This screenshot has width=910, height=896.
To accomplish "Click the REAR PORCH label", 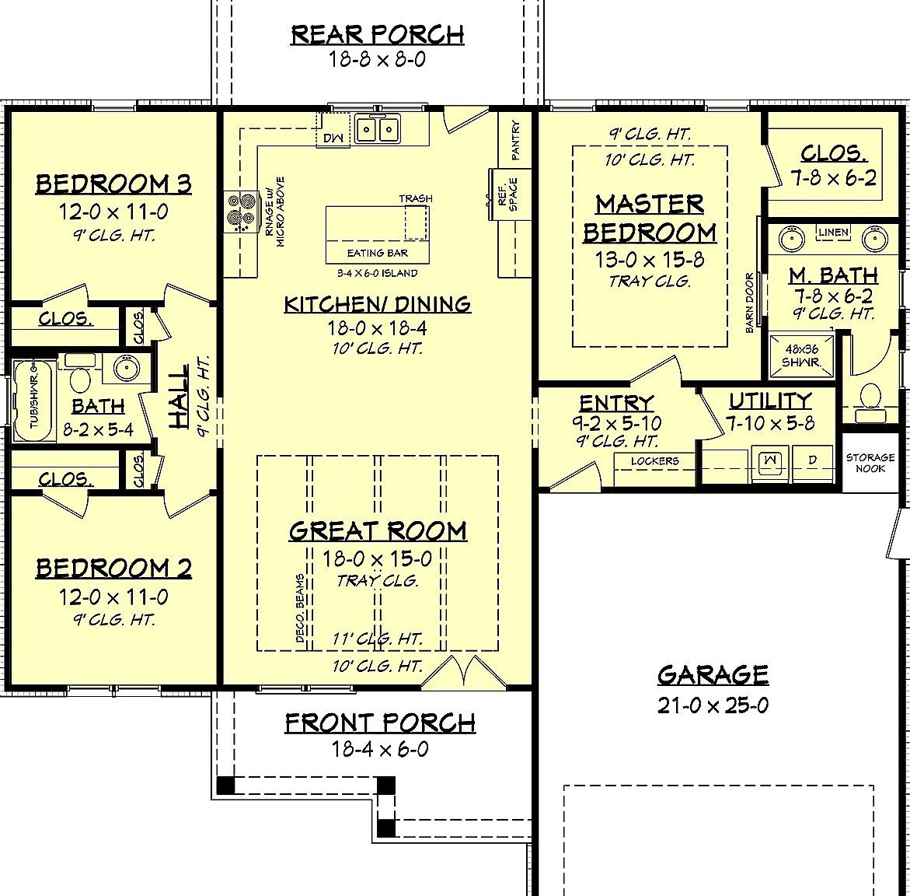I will (378, 35).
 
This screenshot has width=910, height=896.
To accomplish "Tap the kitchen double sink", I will (378, 128).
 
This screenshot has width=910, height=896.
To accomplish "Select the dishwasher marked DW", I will (333, 138).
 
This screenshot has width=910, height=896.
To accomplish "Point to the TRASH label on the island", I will (416, 199).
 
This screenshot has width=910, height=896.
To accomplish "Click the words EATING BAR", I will (377, 253).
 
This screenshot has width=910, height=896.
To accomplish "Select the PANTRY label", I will (516, 140).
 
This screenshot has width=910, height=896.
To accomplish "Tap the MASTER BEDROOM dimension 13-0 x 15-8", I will (650, 260).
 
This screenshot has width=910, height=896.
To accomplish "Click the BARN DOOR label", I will (750, 303).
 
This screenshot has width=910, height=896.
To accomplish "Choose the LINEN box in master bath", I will (834, 233).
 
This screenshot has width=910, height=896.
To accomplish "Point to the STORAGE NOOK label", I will (870, 463).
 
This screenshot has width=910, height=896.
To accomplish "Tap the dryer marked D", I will (812, 460).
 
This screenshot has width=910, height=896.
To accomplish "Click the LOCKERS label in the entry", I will (655, 461).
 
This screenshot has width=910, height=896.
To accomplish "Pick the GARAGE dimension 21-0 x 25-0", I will (713, 705).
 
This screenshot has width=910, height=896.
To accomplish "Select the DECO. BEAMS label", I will (299, 609).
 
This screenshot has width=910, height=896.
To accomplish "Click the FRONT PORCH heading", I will (380, 723).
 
